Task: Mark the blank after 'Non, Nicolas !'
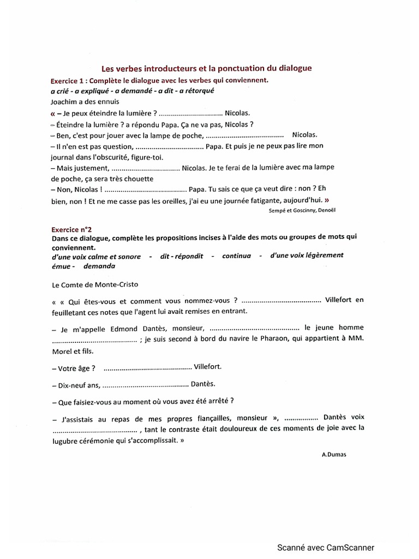click(x=145, y=189)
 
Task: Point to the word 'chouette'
click(x=138, y=179)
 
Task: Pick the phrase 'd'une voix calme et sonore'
click(x=95, y=256)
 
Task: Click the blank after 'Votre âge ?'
click(x=147, y=367)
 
